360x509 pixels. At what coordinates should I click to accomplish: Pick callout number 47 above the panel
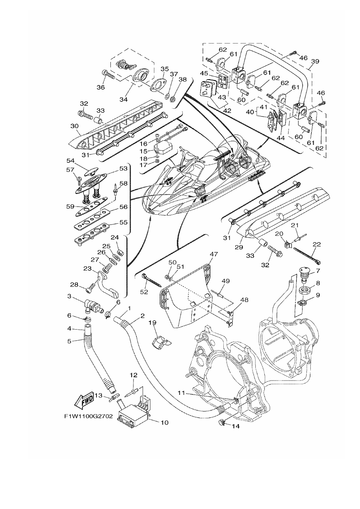click(214, 254)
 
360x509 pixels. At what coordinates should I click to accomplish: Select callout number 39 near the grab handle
click(315, 61)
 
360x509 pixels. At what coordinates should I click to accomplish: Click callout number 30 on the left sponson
click(74, 126)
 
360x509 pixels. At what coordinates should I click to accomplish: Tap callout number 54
click(71, 160)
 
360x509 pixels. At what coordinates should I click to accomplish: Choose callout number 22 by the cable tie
click(316, 244)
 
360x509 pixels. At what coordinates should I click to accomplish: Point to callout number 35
click(165, 69)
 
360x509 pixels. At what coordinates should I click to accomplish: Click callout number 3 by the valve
click(69, 296)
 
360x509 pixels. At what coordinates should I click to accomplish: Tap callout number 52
click(144, 292)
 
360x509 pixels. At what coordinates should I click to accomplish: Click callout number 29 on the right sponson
click(239, 247)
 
